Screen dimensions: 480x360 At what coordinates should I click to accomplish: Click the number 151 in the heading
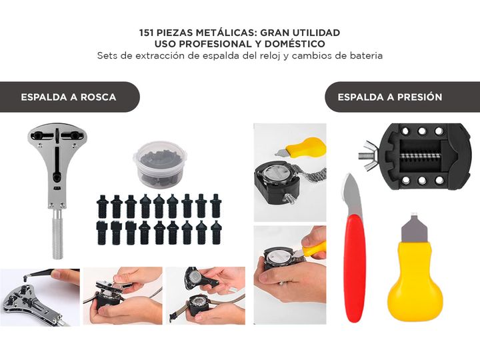[x=146, y=33]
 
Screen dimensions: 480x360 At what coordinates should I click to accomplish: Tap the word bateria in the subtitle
[x=367, y=56]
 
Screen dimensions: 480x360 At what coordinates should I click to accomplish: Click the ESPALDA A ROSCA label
[x=69, y=97]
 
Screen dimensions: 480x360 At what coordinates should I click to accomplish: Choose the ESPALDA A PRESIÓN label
[x=390, y=97]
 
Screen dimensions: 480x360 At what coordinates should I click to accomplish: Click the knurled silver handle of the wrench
[x=57, y=234]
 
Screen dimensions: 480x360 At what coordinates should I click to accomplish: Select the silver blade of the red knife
[x=352, y=195]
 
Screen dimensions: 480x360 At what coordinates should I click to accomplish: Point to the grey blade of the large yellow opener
[x=414, y=227]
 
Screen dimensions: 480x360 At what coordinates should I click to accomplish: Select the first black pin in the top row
[x=102, y=206]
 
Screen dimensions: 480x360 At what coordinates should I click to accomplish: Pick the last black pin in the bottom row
[x=216, y=233]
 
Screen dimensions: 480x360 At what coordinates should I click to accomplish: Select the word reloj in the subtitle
[x=271, y=56]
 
